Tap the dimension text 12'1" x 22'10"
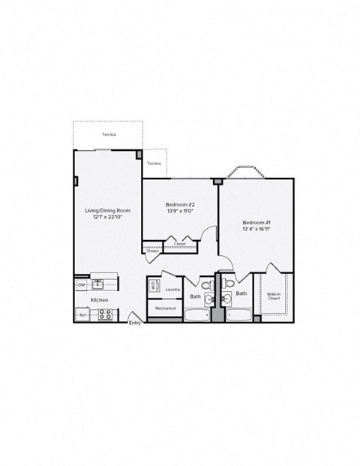coord(108,218)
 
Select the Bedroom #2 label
coord(180,204)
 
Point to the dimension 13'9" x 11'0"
coord(180,212)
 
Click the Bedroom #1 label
coord(256,222)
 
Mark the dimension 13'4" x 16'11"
coord(256,230)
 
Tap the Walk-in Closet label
coord(274,296)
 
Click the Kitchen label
coord(100,300)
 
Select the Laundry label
coord(172,288)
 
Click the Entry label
coord(135,323)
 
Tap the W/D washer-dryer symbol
coord(154,285)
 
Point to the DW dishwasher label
coord(80,284)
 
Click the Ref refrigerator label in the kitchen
coord(82,315)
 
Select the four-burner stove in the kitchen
coord(105,314)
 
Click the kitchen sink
coord(98,284)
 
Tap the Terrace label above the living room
coord(109,135)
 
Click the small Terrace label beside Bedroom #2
coord(154,163)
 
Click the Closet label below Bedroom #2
coord(180,244)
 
